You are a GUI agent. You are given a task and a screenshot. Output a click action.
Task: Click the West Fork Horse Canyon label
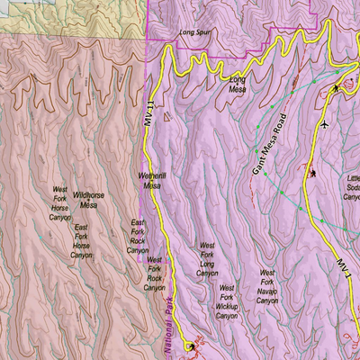click(59, 204)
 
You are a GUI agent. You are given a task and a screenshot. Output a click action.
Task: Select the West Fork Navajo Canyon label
click(266, 285)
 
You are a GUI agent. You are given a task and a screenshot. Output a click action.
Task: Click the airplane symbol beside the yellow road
click(323, 124)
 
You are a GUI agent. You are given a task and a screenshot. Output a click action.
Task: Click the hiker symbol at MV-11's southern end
click(191, 346)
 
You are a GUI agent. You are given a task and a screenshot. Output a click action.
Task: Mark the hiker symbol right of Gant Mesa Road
click(313, 173)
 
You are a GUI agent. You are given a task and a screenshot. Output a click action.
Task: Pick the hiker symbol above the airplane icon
click(336, 87)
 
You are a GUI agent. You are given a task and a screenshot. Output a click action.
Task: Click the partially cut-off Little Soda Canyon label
click(352, 188)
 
